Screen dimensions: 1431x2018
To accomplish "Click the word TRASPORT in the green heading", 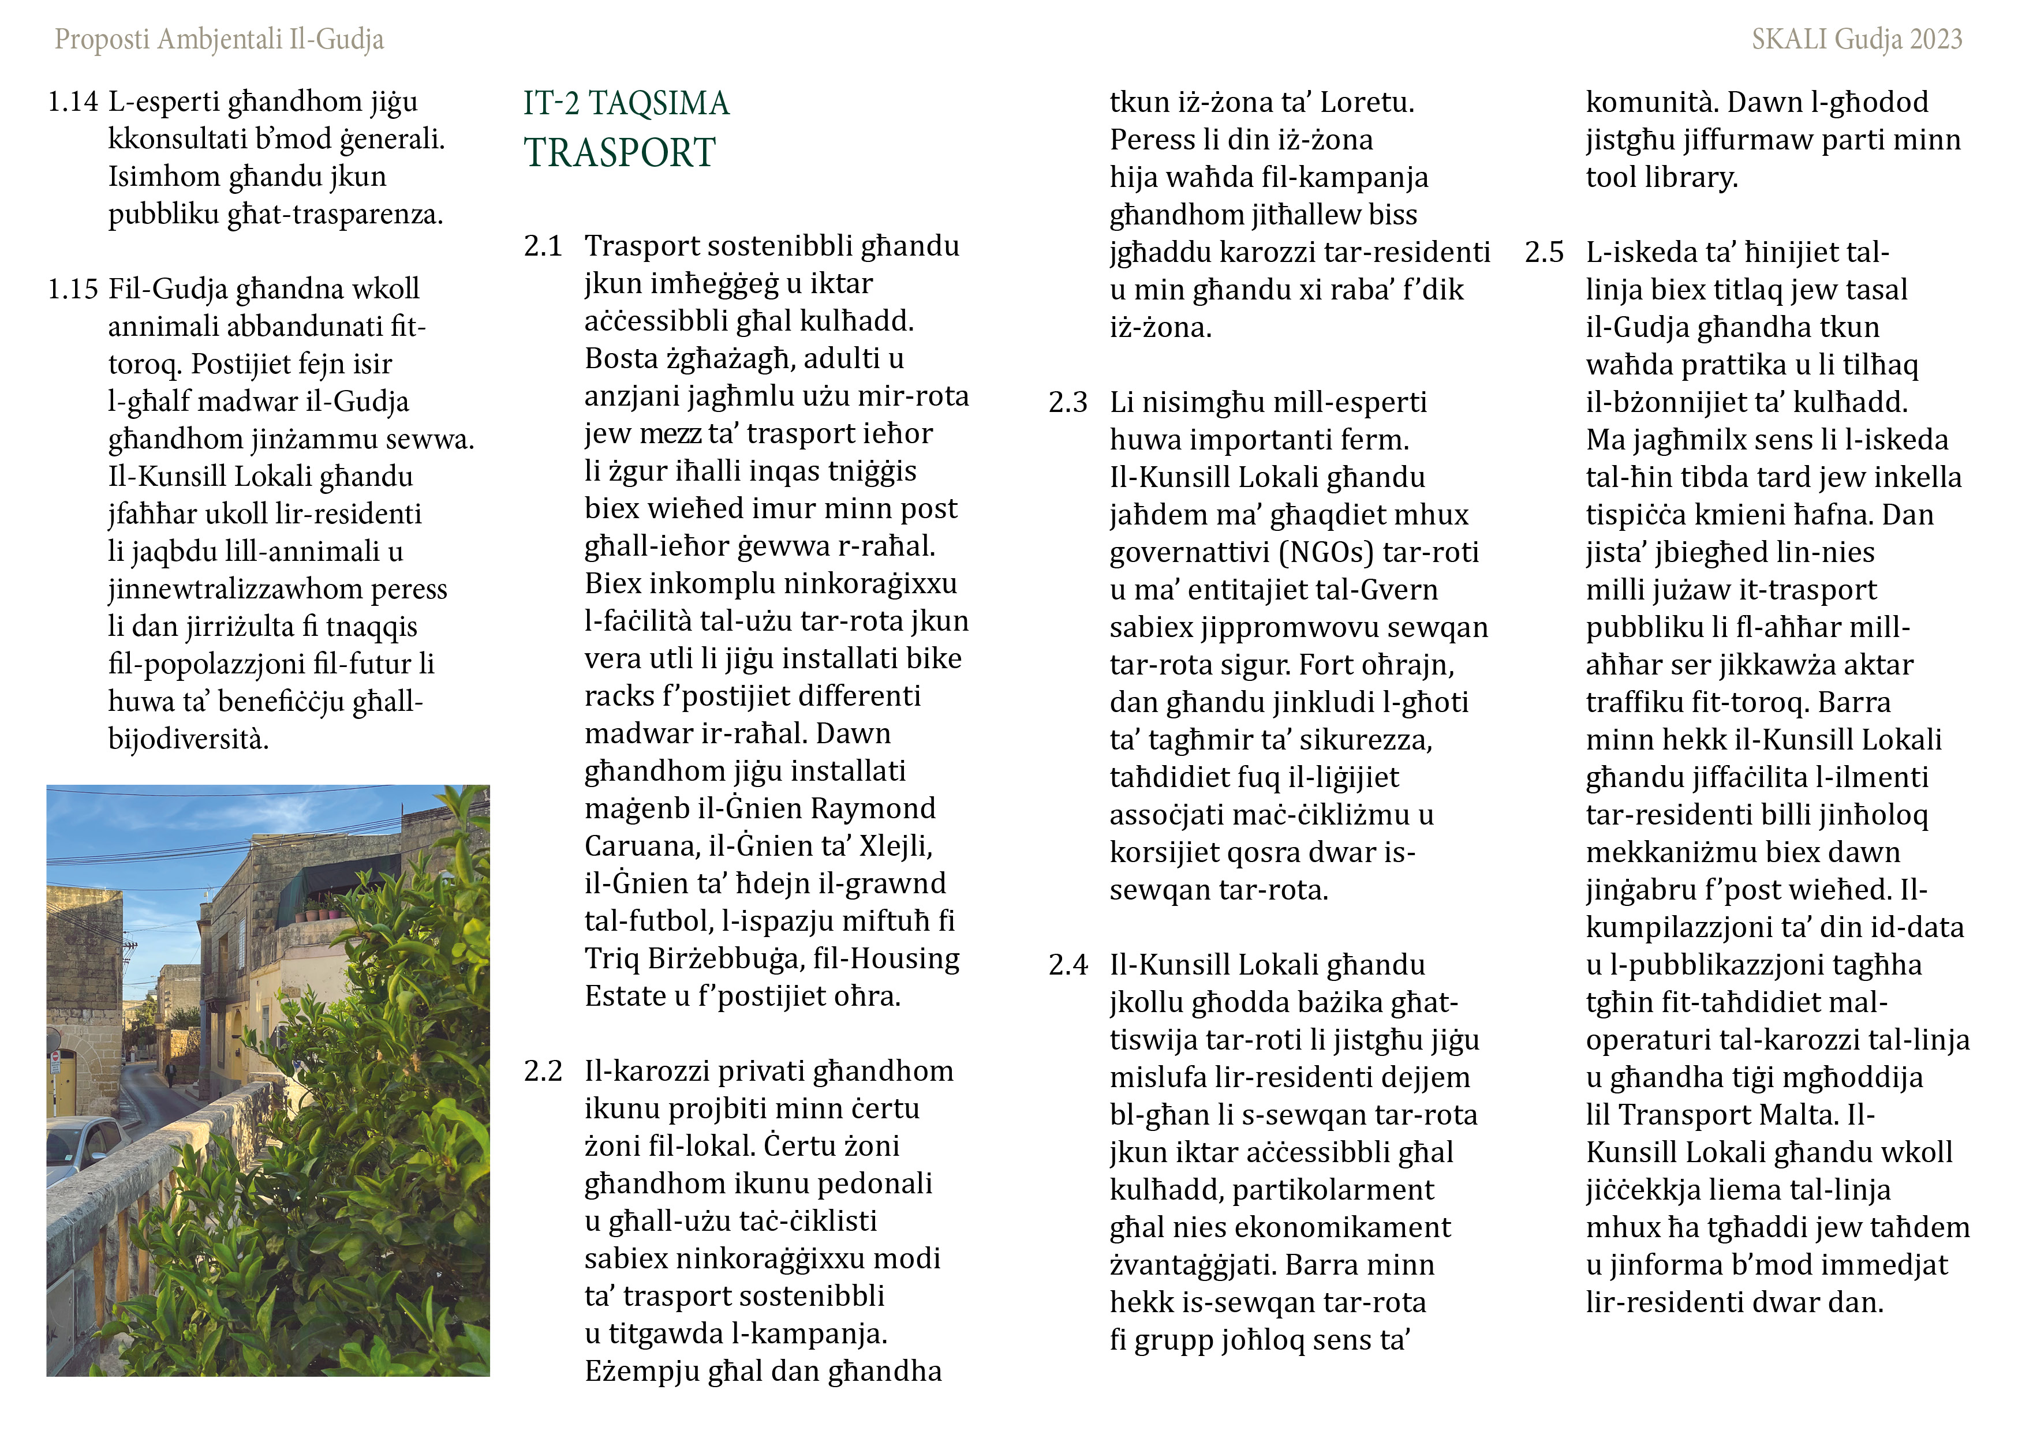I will click(x=619, y=152).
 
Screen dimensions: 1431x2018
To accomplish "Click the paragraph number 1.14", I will click(x=72, y=102).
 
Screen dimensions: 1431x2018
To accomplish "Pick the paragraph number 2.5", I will click(x=1544, y=253).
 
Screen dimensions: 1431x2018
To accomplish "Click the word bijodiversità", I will click(x=188, y=739).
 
